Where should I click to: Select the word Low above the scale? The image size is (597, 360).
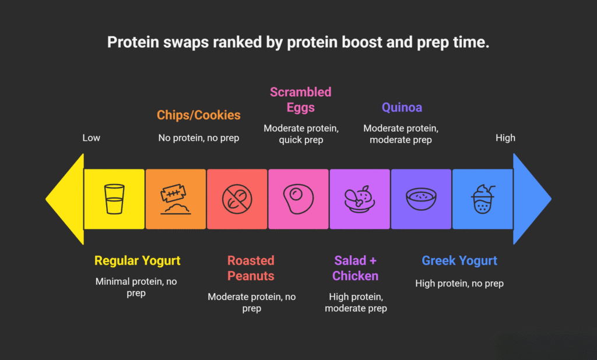click(91, 138)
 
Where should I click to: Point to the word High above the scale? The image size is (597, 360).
click(505, 138)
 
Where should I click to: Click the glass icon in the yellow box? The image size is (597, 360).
click(114, 199)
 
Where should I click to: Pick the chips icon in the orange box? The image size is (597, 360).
click(175, 199)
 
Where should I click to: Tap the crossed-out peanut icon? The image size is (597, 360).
click(237, 199)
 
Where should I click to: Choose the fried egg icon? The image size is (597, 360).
click(298, 199)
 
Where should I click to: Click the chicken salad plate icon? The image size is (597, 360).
click(360, 199)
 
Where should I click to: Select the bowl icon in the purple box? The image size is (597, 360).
click(421, 199)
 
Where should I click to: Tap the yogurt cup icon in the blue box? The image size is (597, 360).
click(482, 199)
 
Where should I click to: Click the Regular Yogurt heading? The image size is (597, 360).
click(138, 261)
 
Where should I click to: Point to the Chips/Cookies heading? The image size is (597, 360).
click(198, 115)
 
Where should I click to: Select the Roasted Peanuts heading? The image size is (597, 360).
click(251, 268)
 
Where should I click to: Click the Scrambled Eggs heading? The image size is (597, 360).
click(300, 100)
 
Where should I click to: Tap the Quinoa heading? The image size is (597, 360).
click(402, 107)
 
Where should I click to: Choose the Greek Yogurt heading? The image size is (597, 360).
click(459, 261)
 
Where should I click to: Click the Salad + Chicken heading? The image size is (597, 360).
click(356, 268)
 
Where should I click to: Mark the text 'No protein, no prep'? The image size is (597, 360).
click(198, 138)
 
